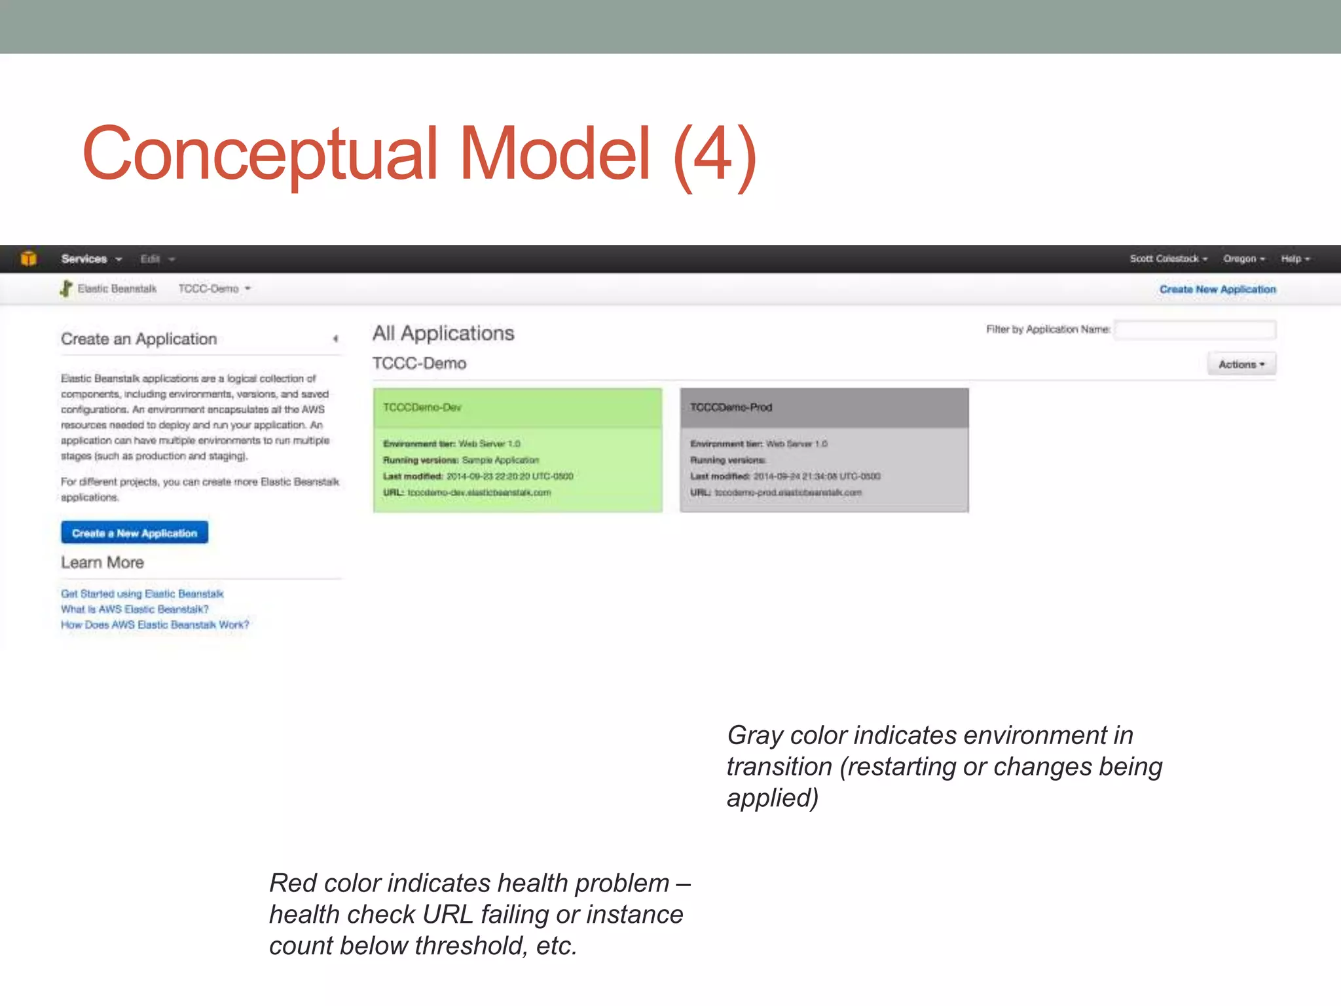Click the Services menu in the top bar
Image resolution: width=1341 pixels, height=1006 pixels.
[x=91, y=259]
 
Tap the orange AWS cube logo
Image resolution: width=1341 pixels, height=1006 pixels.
[x=28, y=259]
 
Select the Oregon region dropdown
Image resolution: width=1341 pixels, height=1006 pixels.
[x=1243, y=259]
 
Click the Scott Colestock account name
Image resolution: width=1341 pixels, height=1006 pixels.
[x=1167, y=259]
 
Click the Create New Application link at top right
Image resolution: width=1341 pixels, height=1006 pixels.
[x=1217, y=289]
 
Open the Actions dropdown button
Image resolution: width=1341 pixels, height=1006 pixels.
[x=1241, y=364]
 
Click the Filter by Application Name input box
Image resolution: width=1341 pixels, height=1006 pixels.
[x=1195, y=329]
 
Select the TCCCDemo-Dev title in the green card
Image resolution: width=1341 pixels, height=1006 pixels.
[x=422, y=407]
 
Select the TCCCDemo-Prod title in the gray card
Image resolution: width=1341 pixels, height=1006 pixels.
[x=731, y=407]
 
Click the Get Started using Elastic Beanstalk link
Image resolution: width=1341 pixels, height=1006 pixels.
[x=142, y=594]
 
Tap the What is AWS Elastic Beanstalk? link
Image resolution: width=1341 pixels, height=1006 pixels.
[x=134, y=609]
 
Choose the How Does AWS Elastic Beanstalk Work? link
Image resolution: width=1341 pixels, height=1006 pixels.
[x=155, y=625]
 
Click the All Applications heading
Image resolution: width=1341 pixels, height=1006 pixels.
[x=443, y=333]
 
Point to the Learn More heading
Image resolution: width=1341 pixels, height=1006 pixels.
[x=102, y=563]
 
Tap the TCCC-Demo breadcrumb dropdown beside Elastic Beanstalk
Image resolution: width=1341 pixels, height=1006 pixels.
[x=214, y=289]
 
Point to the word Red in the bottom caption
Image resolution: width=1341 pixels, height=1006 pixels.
[x=293, y=884]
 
